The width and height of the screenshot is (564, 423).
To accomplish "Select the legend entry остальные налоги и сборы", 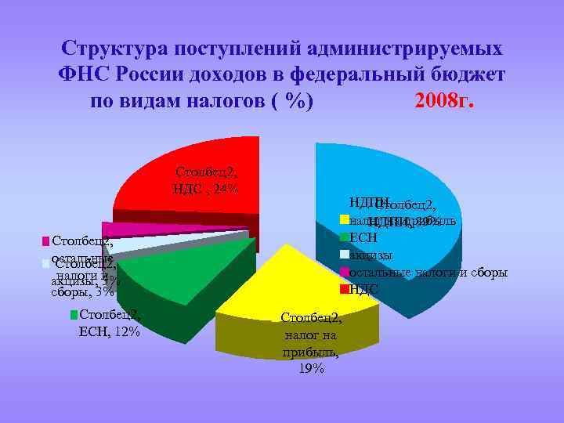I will click(x=428, y=273).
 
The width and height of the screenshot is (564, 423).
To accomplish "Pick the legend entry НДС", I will click(x=364, y=290).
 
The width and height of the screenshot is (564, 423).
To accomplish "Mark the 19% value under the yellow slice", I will click(x=311, y=369).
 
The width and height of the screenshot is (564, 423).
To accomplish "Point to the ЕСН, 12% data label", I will click(x=110, y=331).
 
